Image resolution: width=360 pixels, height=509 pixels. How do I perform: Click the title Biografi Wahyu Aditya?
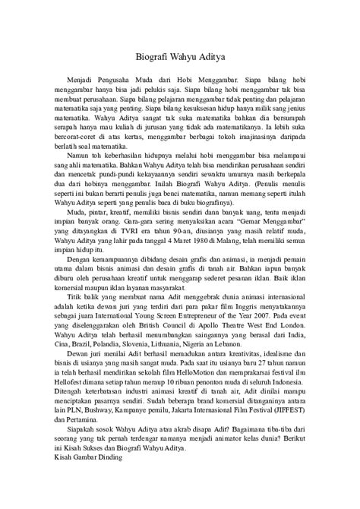coord(179,55)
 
